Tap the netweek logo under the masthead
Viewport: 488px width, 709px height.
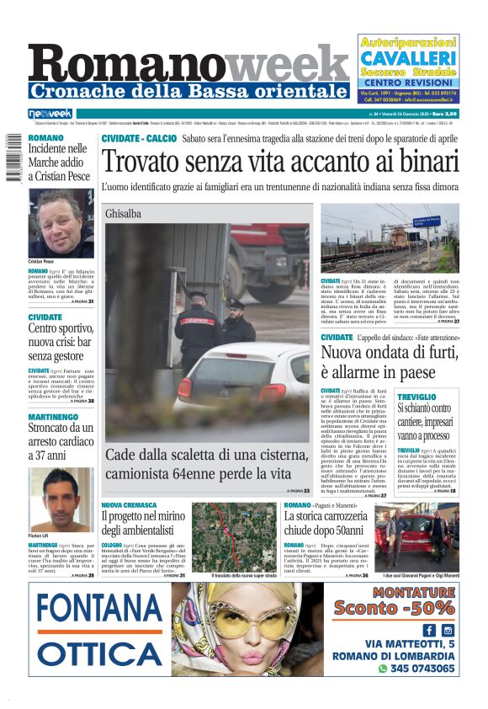50,114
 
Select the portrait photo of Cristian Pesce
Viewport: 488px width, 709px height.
61,223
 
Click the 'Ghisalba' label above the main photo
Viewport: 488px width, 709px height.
123,214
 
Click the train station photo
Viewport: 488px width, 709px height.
390,238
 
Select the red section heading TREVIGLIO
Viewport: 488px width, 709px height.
417,396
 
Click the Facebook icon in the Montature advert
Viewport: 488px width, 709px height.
429,630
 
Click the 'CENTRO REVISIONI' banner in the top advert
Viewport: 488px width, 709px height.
408,82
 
